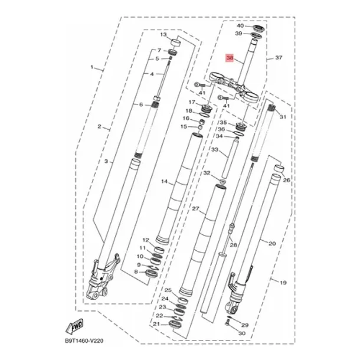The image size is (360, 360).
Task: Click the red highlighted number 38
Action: [x=230, y=58]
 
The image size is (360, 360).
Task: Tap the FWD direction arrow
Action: [x=75, y=326]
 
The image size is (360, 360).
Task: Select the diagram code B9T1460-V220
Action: [x=84, y=341]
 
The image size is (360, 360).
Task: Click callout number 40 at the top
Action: [x=240, y=26]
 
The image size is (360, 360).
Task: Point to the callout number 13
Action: [x=163, y=35]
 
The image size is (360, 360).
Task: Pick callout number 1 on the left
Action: [x=92, y=67]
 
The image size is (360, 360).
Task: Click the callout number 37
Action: [x=279, y=57]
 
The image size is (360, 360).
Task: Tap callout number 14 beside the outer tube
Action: [x=164, y=182]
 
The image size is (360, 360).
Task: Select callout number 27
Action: [x=195, y=209]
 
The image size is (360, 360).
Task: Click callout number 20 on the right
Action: [x=272, y=243]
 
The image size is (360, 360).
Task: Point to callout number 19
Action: [x=283, y=283]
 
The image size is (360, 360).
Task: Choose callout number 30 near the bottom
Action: [x=242, y=333]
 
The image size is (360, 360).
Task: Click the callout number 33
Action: [x=215, y=150]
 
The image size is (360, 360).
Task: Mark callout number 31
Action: [x=283, y=117]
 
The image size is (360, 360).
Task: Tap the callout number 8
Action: [x=136, y=272]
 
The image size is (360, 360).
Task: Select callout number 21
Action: [x=156, y=324]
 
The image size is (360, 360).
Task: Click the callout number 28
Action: [x=233, y=245]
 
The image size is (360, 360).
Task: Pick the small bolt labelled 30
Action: [x=227, y=324]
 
